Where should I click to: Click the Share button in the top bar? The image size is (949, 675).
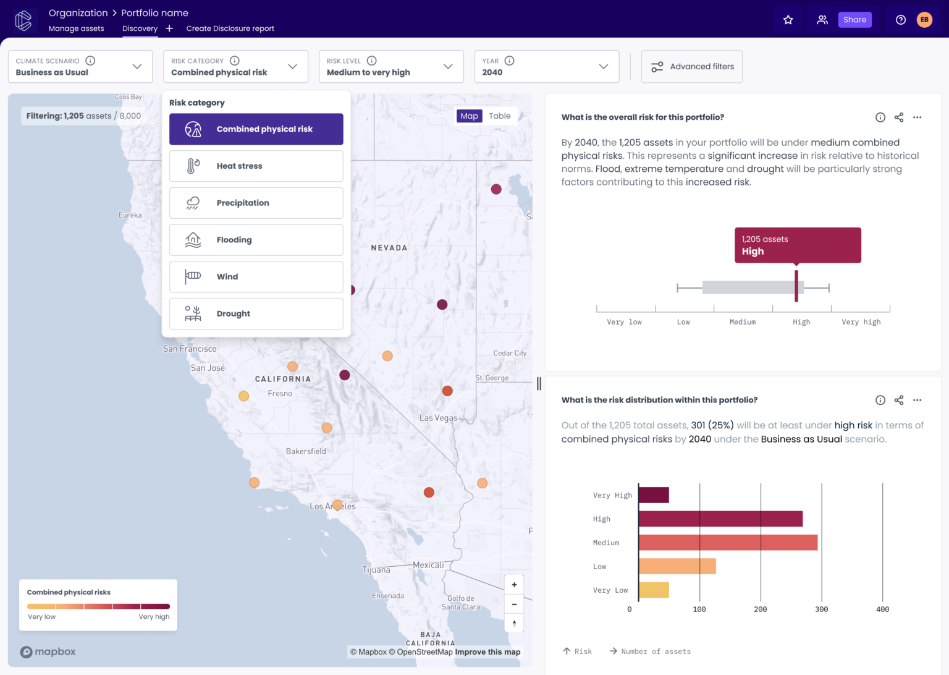[x=854, y=20]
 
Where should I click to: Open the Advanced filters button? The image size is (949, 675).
[x=691, y=67]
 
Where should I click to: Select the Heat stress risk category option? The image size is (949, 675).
[x=256, y=166]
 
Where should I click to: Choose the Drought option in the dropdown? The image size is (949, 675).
[x=256, y=314]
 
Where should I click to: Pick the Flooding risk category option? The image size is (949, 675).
[x=256, y=240]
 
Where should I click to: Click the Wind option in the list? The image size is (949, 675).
[x=256, y=277]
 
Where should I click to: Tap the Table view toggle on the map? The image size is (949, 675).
[x=499, y=116]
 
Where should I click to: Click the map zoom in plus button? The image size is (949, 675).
[x=514, y=585]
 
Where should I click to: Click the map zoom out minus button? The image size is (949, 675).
[x=514, y=605]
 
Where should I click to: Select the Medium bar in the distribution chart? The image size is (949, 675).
[x=727, y=543]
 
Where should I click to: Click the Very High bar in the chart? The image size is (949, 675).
[x=654, y=495]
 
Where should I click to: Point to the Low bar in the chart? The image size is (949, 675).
[x=677, y=566]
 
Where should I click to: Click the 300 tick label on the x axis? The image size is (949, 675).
[x=821, y=609]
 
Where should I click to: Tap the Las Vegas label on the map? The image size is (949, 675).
[x=438, y=418]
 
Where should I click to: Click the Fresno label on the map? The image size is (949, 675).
[x=280, y=394]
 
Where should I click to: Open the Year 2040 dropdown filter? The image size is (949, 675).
[x=546, y=67]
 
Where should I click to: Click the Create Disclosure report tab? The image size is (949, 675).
[x=230, y=28]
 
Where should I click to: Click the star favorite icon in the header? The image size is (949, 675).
[x=788, y=20]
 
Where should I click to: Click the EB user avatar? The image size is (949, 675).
[x=924, y=20]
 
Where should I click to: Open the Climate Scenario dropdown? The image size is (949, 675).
[x=80, y=67]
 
